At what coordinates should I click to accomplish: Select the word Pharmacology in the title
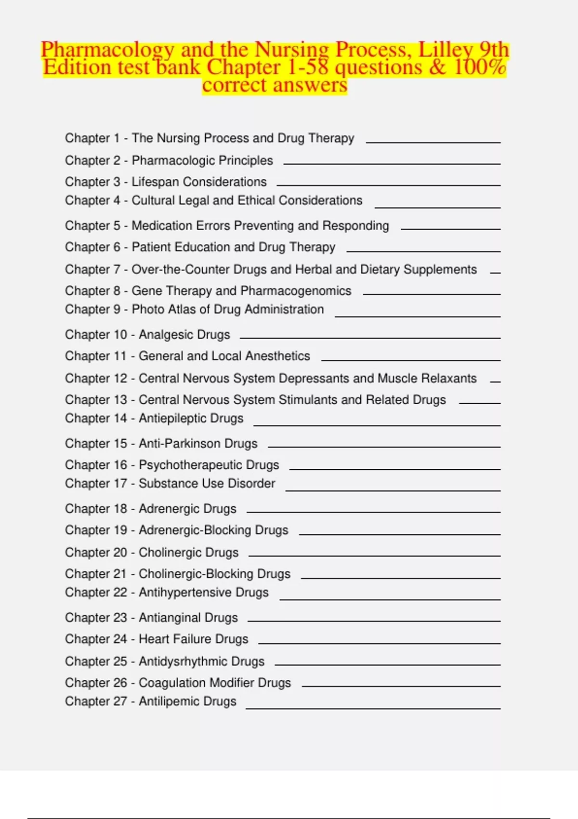click(x=107, y=50)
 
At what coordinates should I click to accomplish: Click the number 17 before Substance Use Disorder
click(x=120, y=483)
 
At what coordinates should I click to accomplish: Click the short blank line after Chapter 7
click(x=495, y=273)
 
